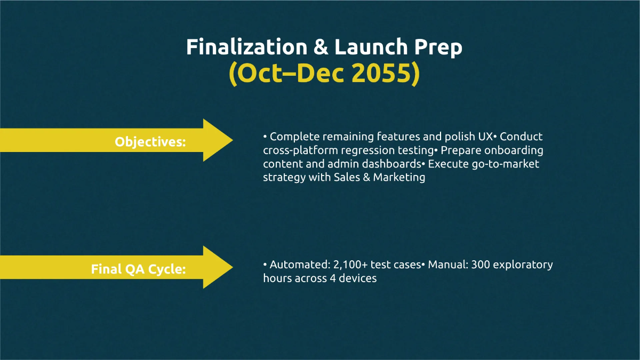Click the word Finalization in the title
pyautogui.click(x=246, y=47)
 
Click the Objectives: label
pyautogui.click(x=150, y=142)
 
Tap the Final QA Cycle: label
pyautogui.click(x=138, y=269)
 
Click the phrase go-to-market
pyautogui.click(x=506, y=164)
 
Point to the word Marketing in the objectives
pyautogui.click(x=399, y=178)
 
